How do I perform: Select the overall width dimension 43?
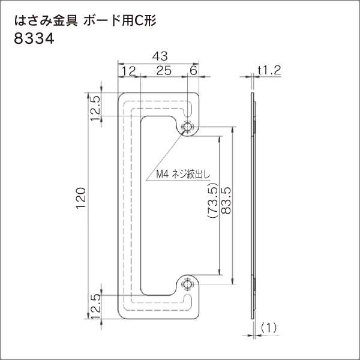[158, 56]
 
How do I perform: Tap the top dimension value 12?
[128, 71]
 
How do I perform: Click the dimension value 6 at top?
[193, 71]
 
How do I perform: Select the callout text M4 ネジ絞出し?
[178, 175]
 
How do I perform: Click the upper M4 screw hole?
[188, 127]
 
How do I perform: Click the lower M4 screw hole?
[188, 284]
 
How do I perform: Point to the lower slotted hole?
[188, 301]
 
